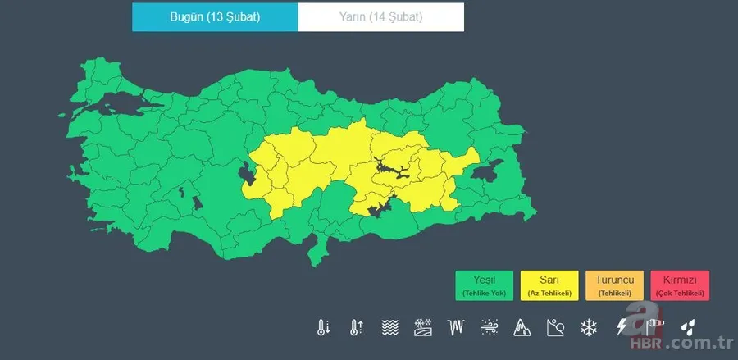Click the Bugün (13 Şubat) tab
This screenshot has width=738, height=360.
(215, 17)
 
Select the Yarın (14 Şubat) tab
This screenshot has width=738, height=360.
(380, 17)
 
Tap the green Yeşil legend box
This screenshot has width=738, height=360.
(485, 285)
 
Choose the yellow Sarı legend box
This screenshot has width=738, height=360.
(549, 285)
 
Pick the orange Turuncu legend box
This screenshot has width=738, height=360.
(613, 285)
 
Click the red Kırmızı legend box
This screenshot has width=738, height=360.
(679, 285)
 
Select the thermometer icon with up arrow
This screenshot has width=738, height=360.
(356, 328)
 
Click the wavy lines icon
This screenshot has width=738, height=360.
(389, 328)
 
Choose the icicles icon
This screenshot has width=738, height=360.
(456, 328)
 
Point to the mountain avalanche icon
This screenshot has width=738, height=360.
(522, 328)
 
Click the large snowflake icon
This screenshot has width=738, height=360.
(588, 328)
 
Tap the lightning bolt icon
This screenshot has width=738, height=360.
(622, 328)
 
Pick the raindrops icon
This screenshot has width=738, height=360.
(688, 328)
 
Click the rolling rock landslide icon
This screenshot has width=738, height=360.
(555, 328)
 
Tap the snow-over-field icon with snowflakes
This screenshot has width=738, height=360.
(423, 328)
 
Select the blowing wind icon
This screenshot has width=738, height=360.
(490, 328)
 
